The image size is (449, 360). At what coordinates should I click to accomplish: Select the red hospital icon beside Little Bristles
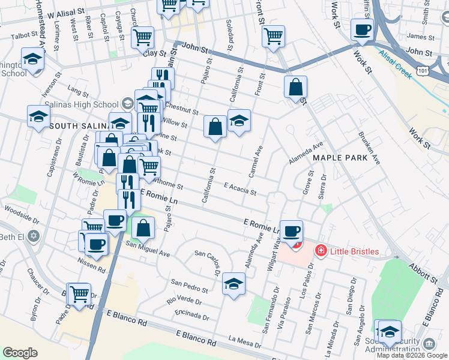point(321,251)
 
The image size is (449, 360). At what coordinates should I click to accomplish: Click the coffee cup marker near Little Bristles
point(292,232)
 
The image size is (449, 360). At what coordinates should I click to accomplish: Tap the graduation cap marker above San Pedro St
point(234,284)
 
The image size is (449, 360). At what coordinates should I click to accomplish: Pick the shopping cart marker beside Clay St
point(143,37)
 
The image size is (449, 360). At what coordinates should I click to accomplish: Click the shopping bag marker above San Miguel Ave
point(143,228)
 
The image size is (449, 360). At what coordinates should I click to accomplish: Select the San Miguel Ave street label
point(147,249)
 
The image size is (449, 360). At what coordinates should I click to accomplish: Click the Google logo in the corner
point(20,353)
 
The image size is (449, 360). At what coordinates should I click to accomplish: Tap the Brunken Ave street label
point(369,148)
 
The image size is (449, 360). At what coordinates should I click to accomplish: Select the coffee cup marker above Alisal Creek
point(361,30)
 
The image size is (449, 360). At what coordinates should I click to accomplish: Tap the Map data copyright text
point(412,355)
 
